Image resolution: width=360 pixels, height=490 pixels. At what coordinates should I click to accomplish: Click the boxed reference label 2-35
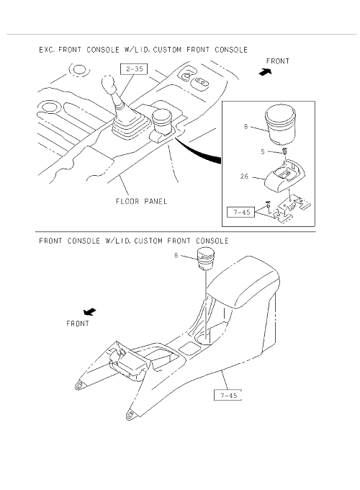[x=134, y=68]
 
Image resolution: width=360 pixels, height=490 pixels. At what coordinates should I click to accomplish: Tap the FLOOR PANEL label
[x=141, y=201]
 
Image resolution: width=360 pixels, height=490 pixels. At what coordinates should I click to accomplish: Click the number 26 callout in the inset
[x=244, y=177]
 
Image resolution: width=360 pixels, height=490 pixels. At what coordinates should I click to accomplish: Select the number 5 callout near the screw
[x=263, y=151]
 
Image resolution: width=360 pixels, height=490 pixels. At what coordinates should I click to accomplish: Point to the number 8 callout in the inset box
[x=246, y=127]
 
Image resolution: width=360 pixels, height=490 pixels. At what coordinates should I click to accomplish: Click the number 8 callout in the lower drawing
[x=176, y=256]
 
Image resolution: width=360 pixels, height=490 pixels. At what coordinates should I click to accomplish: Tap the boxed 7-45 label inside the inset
[x=241, y=213]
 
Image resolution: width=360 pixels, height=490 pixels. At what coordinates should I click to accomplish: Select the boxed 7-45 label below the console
[x=228, y=396]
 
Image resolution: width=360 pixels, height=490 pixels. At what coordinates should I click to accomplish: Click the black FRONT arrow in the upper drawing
[x=266, y=72]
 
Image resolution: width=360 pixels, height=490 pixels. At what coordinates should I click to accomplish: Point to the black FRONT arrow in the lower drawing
[x=90, y=311]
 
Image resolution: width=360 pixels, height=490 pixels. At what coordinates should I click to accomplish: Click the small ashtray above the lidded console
[x=204, y=259]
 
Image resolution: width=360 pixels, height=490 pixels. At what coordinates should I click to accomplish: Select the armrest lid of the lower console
[x=243, y=281]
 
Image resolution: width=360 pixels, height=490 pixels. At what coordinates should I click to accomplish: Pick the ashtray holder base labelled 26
[x=284, y=174]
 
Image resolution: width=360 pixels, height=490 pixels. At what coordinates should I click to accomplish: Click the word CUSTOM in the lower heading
[x=148, y=241]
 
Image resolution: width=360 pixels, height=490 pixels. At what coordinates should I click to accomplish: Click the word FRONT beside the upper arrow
[x=278, y=61]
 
